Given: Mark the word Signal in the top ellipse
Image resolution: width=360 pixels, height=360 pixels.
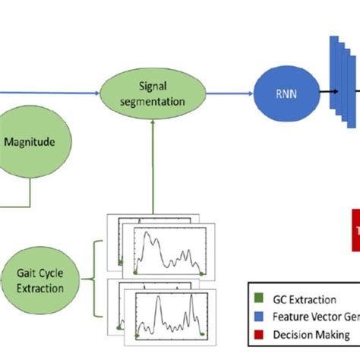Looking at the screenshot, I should pos(153,86).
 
